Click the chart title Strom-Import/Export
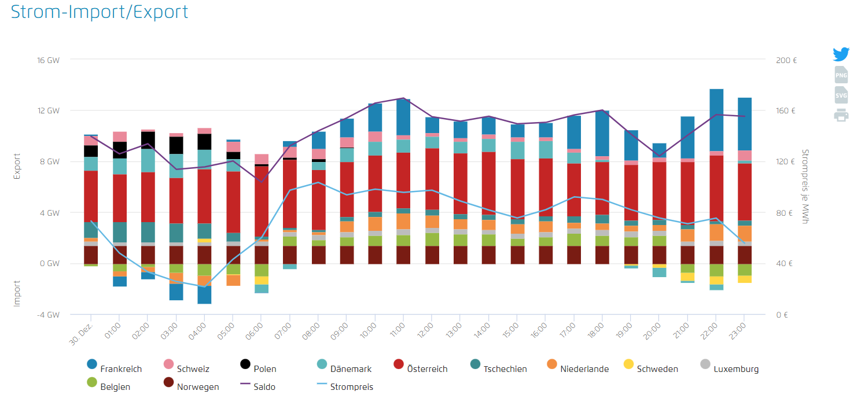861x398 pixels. [x=100, y=12]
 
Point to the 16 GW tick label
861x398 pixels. [x=48, y=60]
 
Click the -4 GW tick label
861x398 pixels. [x=48, y=315]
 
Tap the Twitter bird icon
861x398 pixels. [x=841, y=54]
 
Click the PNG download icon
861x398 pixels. [x=841, y=75]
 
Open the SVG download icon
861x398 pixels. [x=841, y=95]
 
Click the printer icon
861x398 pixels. [x=841, y=115]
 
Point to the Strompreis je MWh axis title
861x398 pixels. [x=805, y=186]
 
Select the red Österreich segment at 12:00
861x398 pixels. [x=432, y=179]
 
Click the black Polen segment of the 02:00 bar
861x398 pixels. [x=148, y=140]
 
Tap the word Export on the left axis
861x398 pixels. [x=17, y=166]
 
